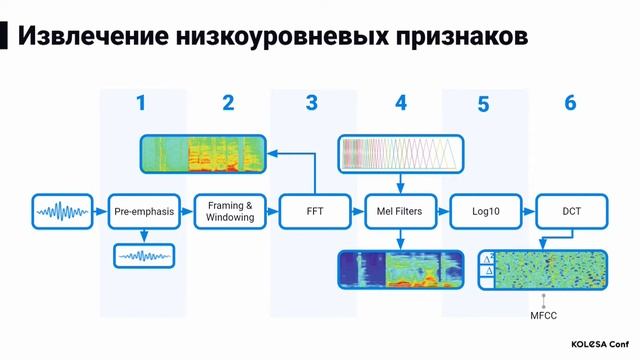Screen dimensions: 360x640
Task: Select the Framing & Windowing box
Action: (x=229, y=211)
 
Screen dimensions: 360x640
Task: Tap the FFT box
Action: (x=314, y=211)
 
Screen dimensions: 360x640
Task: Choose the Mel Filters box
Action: (x=400, y=211)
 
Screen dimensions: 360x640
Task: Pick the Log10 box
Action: (x=484, y=211)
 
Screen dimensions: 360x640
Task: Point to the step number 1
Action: (x=141, y=103)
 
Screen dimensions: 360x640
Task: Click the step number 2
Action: (x=228, y=103)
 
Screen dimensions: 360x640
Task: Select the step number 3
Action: (x=312, y=103)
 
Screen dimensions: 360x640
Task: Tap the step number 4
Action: (x=401, y=103)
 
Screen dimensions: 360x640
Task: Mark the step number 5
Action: (x=484, y=104)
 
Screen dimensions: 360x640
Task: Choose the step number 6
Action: (x=570, y=103)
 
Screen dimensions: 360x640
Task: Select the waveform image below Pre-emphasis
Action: (x=143, y=257)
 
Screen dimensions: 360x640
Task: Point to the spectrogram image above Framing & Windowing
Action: (x=203, y=152)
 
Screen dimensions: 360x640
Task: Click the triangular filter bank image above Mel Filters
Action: (x=400, y=152)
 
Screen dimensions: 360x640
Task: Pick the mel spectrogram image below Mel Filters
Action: (x=401, y=270)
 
